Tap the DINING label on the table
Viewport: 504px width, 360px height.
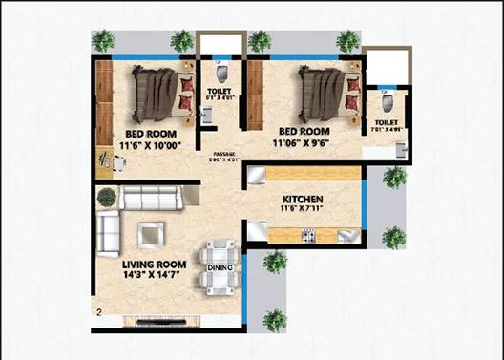coord(219,268)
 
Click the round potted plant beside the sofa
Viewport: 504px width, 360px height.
coord(106,197)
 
